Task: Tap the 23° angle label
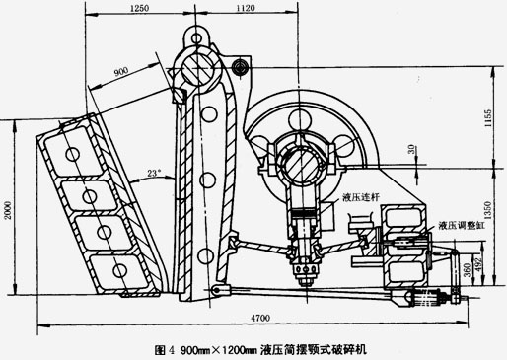click(x=152, y=173)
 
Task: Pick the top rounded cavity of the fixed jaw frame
click(x=71, y=153)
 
